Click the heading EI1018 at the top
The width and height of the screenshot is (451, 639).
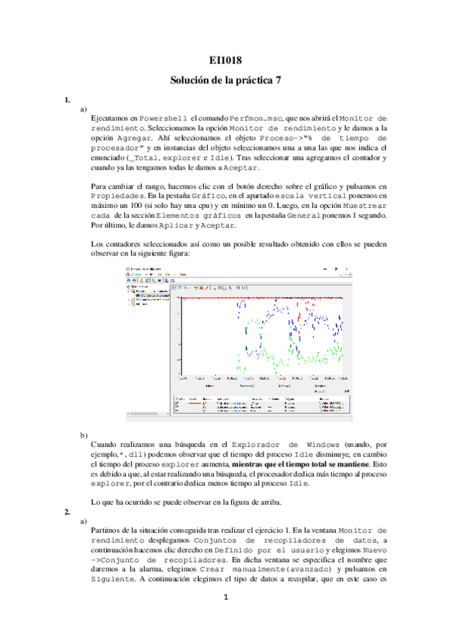pyautogui.click(x=225, y=60)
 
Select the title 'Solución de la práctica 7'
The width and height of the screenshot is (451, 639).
pyautogui.click(x=225, y=80)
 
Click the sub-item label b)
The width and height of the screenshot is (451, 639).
pyautogui.click(x=84, y=436)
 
